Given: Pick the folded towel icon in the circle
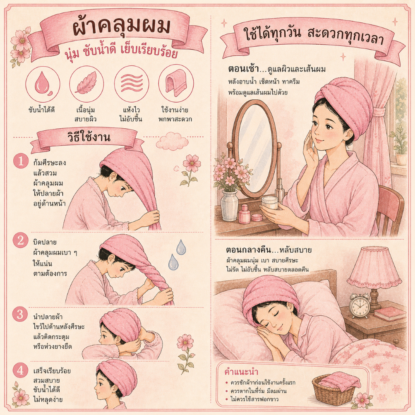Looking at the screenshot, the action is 176,84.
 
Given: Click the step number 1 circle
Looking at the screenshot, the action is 21,161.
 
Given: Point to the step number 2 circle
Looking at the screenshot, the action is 20,240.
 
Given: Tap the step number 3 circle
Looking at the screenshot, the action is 20,314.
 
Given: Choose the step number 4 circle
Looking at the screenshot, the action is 20,370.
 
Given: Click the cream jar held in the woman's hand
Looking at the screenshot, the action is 269,203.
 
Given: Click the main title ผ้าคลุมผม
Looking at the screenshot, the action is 122,28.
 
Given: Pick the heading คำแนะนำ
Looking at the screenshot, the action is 241,372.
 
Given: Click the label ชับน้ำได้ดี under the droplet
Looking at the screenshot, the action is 41,110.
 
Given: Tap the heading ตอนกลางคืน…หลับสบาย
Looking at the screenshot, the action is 269,250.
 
